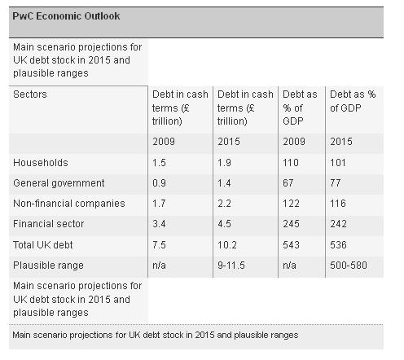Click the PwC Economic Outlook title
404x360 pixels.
[66, 16]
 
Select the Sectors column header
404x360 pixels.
[30, 94]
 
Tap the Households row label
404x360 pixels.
[41, 163]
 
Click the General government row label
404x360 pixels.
[59, 183]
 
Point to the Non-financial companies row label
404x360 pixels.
[69, 204]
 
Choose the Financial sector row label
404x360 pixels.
[48, 224]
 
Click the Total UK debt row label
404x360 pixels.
[42, 245]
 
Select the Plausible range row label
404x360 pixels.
[48, 266]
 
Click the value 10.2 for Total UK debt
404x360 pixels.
[227, 245]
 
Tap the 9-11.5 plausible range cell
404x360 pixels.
[231, 266]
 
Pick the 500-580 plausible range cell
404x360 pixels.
[349, 266]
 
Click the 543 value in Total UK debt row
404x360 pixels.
[291, 245]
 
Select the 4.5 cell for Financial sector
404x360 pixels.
[224, 224]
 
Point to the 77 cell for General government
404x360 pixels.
[336, 183]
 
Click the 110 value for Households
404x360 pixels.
[291, 163]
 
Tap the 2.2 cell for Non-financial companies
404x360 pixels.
[224, 204]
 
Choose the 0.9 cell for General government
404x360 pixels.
[159, 183]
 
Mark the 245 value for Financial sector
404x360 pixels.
[291, 224]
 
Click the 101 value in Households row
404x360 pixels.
[338, 163]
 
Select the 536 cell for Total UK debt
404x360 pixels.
[338, 245]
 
